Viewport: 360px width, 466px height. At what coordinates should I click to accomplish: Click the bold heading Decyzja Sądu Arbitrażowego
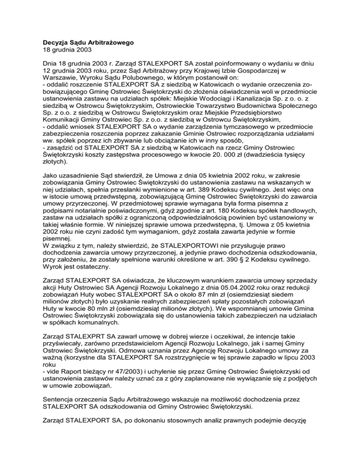(89, 43)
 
